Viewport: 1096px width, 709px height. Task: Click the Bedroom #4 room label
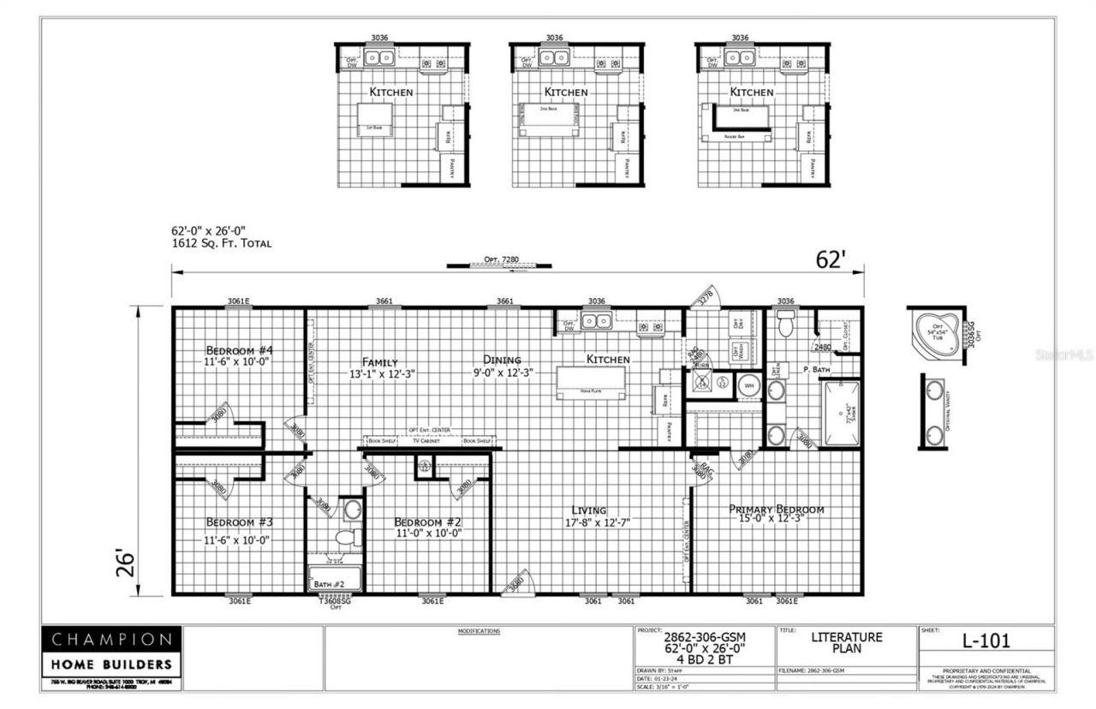(239, 350)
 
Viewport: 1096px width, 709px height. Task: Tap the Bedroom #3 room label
(239, 522)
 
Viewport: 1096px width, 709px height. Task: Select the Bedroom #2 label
(428, 522)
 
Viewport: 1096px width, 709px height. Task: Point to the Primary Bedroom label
(776, 509)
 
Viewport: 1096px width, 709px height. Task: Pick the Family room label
(380, 361)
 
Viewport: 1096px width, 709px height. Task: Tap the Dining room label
(502, 360)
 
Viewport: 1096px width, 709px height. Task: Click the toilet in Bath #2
(348, 538)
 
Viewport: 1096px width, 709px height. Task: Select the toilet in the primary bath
(785, 324)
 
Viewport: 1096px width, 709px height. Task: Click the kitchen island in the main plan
(591, 382)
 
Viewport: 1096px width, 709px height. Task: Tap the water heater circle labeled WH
(748, 385)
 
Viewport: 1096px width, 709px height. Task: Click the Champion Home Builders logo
(111, 651)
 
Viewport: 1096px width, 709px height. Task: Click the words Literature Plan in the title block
(846, 642)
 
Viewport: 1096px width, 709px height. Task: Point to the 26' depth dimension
(127, 563)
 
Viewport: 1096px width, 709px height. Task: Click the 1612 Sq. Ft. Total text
(222, 243)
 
